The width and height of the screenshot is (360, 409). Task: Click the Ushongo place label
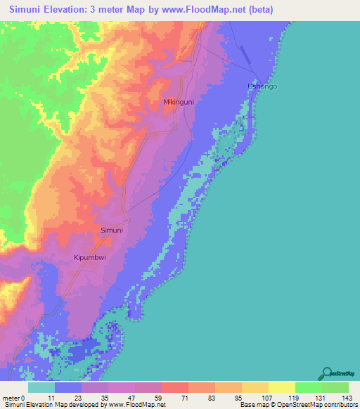[x=262, y=86]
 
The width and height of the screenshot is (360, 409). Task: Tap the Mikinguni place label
[x=179, y=102]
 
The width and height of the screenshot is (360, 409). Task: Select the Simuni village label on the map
[x=112, y=231]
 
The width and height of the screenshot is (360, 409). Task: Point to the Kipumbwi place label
[x=91, y=258]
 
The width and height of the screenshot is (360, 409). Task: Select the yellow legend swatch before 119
[x=281, y=387]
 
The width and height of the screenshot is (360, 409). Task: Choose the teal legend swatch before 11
[x=41, y=387]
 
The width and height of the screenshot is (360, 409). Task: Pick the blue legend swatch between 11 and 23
[x=68, y=387]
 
